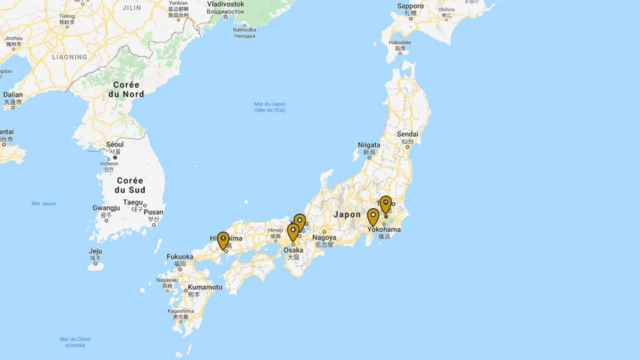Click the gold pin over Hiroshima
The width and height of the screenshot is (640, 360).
coord(223,239)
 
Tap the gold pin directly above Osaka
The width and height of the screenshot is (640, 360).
coord(293,231)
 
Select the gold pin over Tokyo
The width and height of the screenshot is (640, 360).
coord(385,203)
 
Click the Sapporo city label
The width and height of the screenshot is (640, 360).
coord(410,6)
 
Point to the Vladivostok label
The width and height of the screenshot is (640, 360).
coord(225,4)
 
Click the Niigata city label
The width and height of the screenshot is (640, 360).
coord(369,145)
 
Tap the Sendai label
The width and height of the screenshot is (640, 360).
coord(407,134)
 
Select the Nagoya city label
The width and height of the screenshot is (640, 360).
coord(324,237)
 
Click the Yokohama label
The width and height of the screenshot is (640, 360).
coord(384,229)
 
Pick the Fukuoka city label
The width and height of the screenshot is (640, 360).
coord(179,256)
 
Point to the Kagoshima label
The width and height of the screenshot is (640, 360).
coord(180,311)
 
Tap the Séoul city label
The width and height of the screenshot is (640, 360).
coord(115,144)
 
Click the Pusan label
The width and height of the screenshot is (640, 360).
coord(153,212)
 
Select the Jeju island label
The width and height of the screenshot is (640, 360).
coord(95,251)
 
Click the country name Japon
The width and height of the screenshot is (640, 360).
coord(347,214)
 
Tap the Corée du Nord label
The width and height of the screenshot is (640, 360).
coord(126,89)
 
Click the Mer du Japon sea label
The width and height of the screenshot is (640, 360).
coord(270,104)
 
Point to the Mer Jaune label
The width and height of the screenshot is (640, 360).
coord(44,203)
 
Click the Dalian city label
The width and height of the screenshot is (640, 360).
coord(12,94)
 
